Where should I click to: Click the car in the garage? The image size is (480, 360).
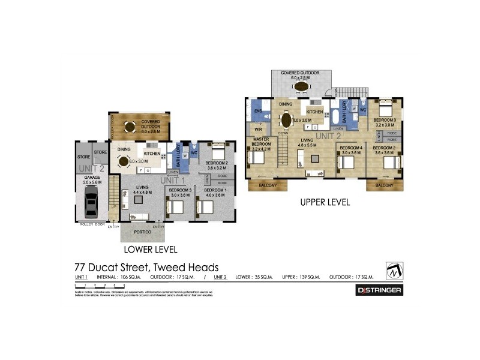tap(91, 201)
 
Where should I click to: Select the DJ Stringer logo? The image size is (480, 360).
tap(379, 290)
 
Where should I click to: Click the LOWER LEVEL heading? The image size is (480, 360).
tap(150, 248)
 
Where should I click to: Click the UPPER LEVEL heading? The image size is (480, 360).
tap(325, 203)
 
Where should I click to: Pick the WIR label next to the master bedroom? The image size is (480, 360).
tap(259, 129)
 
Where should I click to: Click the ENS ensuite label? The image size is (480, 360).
tap(258, 111)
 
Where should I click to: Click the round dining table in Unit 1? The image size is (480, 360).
tap(124, 160)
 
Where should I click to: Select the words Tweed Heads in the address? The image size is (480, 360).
tap(186, 268)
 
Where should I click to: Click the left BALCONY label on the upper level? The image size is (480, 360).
tap(267, 185)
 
